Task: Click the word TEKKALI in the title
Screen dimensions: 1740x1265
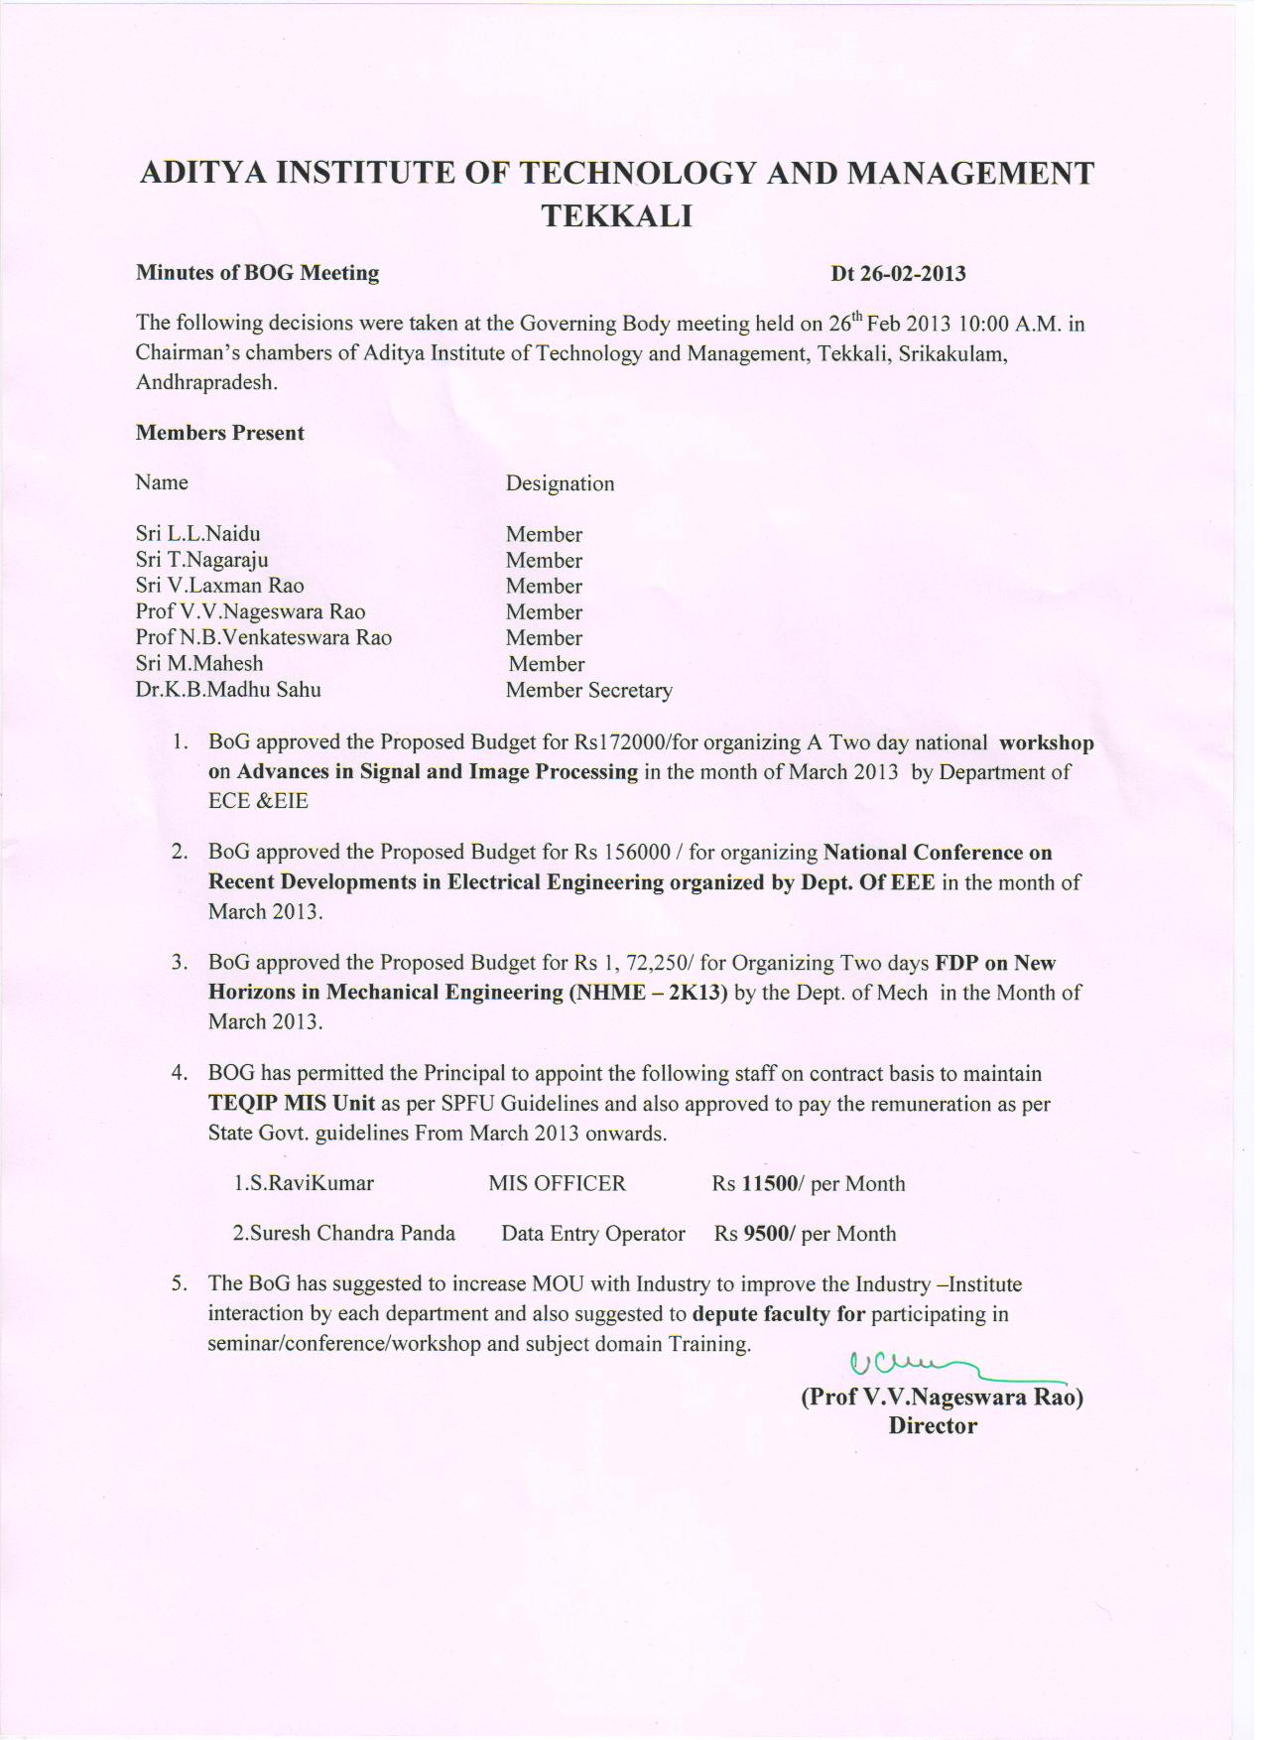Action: (616, 216)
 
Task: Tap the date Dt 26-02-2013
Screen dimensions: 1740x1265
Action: (898, 273)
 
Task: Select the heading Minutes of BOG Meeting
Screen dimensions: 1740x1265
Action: (257, 272)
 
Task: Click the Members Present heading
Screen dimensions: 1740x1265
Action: (220, 433)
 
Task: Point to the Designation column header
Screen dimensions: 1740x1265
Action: (560, 483)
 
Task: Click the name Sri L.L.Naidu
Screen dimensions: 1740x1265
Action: (198, 534)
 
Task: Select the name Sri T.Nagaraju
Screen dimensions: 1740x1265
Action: (202, 560)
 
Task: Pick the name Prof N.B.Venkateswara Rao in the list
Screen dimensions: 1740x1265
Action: (264, 637)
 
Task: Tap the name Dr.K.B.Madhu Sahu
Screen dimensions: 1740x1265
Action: (228, 690)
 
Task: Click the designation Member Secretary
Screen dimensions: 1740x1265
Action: (588, 690)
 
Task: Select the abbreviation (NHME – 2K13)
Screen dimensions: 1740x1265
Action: (648, 993)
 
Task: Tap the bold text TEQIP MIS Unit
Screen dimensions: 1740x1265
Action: (292, 1104)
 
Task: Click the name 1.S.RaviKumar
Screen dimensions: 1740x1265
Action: (304, 1183)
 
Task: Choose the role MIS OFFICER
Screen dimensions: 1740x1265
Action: (558, 1183)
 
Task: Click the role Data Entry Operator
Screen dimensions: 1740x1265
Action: (593, 1234)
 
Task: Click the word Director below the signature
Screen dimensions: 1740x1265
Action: (933, 1426)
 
